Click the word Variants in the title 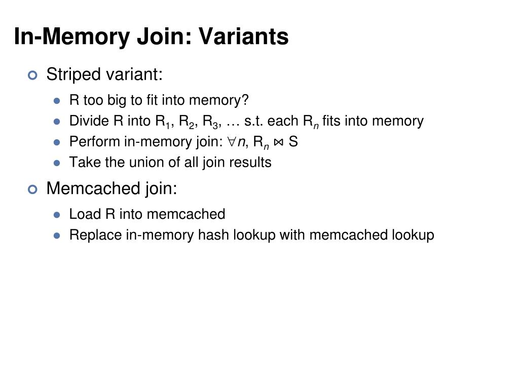point(243,36)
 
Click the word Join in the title point(165,36)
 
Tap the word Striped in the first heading point(73,74)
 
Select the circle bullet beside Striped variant point(33,75)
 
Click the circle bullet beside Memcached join point(33,189)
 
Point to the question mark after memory point(245,100)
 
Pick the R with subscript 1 point(161,122)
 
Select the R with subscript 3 point(208,122)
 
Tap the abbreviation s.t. point(253,121)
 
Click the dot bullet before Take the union point(57,163)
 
